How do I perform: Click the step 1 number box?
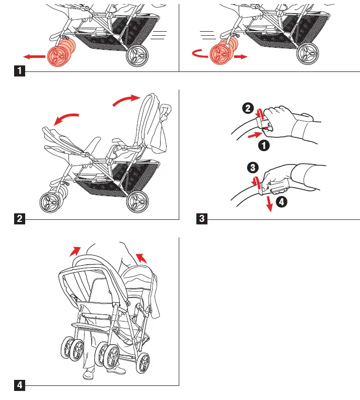(x=20, y=71)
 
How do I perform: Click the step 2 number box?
(x=20, y=218)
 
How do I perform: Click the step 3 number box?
(x=202, y=218)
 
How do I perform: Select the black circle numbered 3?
(x=252, y=167)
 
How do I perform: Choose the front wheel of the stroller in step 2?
(x=50, y=203)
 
